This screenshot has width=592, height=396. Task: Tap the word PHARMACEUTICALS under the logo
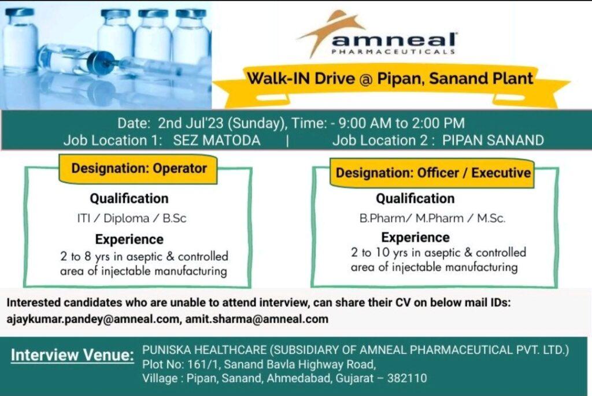(x=393, y=51)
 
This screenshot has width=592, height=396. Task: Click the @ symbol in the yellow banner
(x=366, y=79)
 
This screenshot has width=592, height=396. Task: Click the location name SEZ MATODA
(x=217, y=140)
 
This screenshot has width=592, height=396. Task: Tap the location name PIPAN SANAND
(x=493, y=140)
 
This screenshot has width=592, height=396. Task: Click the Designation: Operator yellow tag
(x=138, y=169)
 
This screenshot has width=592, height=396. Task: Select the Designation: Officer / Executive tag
(x=432, y=173)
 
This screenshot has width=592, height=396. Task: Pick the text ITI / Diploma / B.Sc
(x=132, y=218)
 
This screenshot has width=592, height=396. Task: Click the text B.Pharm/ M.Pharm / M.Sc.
(x=432, y=218)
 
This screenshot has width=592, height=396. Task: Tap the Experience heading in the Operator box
(x=129, y=239)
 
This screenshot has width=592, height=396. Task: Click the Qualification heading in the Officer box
(x=415, y=198)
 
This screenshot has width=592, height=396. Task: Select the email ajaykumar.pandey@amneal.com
(x=93, y=319)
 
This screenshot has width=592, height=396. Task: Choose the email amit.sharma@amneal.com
(x=257, y=319)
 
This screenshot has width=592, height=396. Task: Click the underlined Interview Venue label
(x=72, y=355)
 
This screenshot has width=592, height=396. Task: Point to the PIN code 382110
(x=407, y=378)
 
